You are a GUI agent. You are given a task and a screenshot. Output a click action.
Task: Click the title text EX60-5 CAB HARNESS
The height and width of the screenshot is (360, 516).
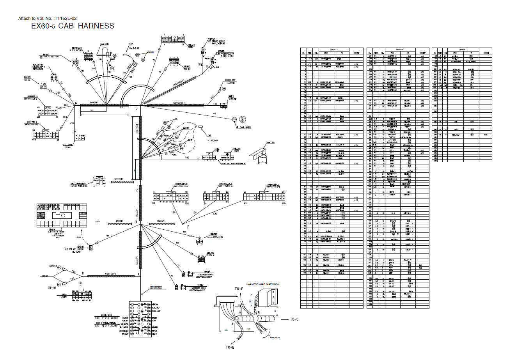73,26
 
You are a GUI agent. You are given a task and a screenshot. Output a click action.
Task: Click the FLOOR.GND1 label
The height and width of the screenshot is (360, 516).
244,128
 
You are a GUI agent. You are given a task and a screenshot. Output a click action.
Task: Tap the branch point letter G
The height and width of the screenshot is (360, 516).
76,103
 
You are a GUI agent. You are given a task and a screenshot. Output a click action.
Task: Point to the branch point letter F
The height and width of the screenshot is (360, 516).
188,227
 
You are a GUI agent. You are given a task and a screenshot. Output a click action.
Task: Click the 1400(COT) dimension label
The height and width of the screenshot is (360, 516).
181,84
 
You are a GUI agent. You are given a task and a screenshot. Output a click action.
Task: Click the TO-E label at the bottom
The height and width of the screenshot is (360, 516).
230,347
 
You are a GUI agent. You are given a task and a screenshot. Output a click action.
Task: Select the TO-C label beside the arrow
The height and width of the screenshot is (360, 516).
294,319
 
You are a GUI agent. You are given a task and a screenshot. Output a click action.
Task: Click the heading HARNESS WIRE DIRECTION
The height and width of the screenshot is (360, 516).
262,284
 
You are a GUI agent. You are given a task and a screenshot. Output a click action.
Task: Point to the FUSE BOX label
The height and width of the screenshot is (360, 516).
107,314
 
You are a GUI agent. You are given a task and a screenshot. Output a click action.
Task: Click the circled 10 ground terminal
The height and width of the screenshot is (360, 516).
234,119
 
